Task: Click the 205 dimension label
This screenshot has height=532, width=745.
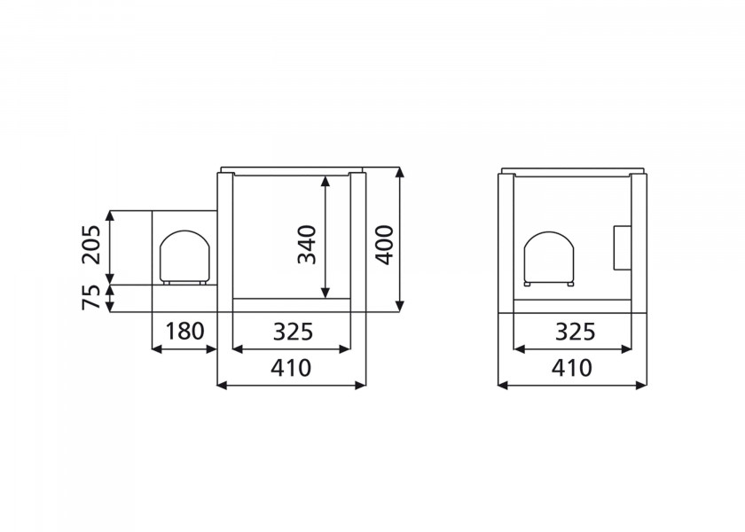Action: (91, 245)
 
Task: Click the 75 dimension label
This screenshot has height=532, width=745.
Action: (91, 299)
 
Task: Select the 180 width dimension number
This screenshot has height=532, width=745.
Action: (184, 332)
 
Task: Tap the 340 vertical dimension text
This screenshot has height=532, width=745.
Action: (307, 245)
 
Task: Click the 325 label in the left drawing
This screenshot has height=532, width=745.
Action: (292, 332)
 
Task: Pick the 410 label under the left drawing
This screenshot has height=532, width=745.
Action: (292, 367)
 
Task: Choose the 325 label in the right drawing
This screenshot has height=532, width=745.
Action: (574, 332)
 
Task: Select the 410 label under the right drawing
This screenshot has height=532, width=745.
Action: (574, 367)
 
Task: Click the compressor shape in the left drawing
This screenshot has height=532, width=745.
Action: (185, 257)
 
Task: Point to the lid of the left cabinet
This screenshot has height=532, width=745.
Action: (292, 168)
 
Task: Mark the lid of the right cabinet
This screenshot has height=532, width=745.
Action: (573, 168)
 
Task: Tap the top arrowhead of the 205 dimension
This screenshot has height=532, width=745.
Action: (110, 215)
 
